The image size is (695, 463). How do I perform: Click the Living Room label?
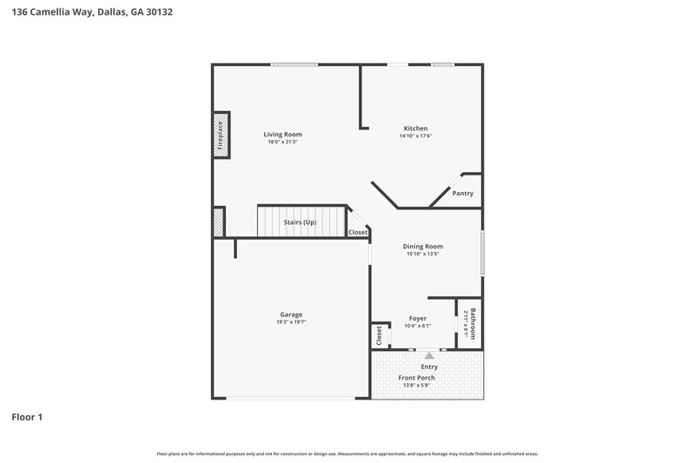click(x=283, y=135)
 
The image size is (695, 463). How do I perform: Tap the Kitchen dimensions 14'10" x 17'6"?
click(x=415, y=136)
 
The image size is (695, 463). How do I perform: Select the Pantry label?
click(x=463, y=193)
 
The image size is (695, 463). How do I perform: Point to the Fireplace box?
click(x=221, y=135)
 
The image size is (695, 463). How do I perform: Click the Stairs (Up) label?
click(x=301, y=222)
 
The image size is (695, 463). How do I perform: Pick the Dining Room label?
click(x=423, y=247)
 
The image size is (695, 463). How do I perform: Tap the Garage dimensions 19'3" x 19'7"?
click(x=291, y=321)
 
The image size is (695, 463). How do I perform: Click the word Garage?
click(x=291, y=314)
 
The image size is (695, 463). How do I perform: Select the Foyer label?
click(x=417, y=319)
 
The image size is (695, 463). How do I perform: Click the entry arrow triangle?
click(x=429, y=354)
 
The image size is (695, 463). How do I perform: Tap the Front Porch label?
click(x=417, y=378)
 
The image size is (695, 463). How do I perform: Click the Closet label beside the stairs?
click(x=358, y=232)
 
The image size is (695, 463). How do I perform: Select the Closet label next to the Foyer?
click(x=379, y=334)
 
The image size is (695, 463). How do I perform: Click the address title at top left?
click(x=86, y=13)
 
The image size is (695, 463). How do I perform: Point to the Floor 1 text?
click(x=27, y=417)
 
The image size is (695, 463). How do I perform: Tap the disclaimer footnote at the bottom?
click(x=347, y=453)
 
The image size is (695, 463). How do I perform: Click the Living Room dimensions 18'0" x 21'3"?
click(x=283, y=142)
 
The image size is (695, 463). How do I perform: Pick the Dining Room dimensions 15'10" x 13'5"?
click(x=423, y=254)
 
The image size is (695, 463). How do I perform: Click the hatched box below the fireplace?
click(x=219, y=222)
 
